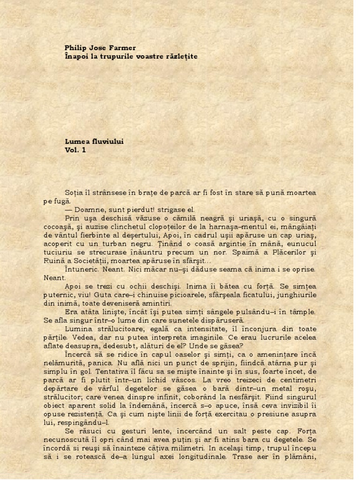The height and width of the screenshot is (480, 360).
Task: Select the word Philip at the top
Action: point(75,47)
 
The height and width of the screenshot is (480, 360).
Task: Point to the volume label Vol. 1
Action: point(75,150)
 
